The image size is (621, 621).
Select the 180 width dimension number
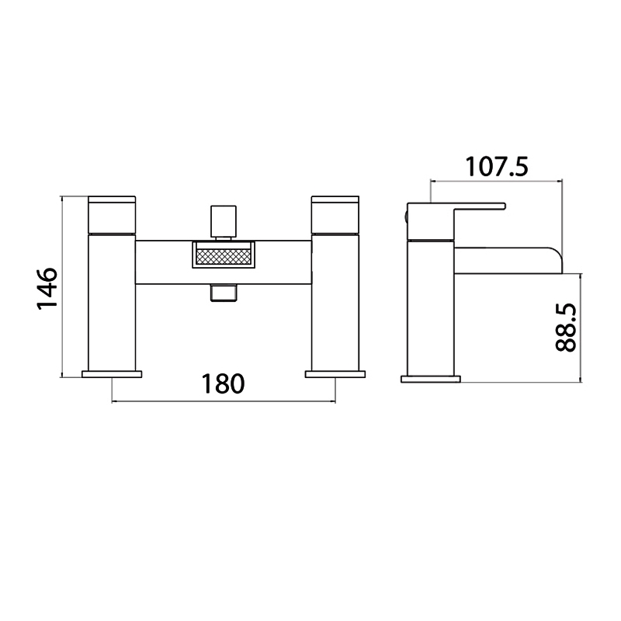click(223, 383)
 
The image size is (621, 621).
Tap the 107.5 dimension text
click(496, 166)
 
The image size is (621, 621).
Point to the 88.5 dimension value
click(566, 328)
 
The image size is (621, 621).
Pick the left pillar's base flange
click(113, 375)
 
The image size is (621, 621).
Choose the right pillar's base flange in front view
click(335, 375)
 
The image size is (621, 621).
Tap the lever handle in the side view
click(458, 206)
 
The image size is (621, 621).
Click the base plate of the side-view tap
click(430, 380)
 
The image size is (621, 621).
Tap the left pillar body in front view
click(113, 303)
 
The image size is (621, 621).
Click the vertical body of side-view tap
click(429, 310)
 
